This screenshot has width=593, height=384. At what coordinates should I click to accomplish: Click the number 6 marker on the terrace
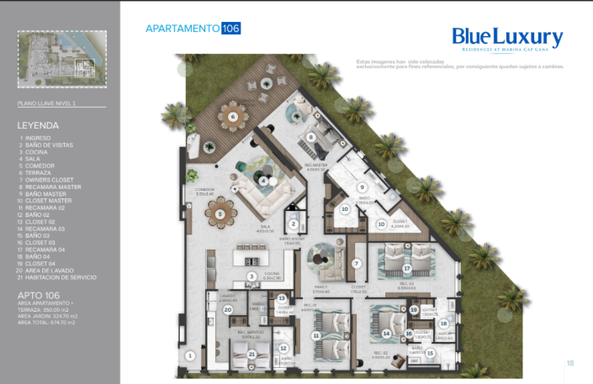click(x=232, y=117)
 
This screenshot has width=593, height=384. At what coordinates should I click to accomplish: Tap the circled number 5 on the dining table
click(x=220, y=214)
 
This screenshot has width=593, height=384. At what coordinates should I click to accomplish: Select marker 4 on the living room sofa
click(x=264, y=181)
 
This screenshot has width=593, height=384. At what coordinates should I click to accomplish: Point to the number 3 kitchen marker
click(x=251, y=276)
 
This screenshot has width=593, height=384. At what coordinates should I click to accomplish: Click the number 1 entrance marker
click(x=190, y=355)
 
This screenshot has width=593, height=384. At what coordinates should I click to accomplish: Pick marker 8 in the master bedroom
click(x=310, y=137)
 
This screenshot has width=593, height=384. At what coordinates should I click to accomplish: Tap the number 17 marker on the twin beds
click(x=406, y=269)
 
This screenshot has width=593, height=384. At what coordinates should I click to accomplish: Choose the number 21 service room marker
click(x=251, y=354)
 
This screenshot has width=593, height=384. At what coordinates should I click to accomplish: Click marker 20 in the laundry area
click(x=228, y=309)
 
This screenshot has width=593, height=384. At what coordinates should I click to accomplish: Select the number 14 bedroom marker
click(x=386, y=334)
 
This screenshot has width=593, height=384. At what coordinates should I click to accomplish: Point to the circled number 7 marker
click(x=356, y=264)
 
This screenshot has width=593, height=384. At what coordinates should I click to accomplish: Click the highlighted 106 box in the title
click(x=231, y=29)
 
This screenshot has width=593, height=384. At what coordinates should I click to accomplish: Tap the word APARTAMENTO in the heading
click(x=183, y=29)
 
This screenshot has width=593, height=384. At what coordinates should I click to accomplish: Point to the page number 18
click(x=569, y=363)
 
